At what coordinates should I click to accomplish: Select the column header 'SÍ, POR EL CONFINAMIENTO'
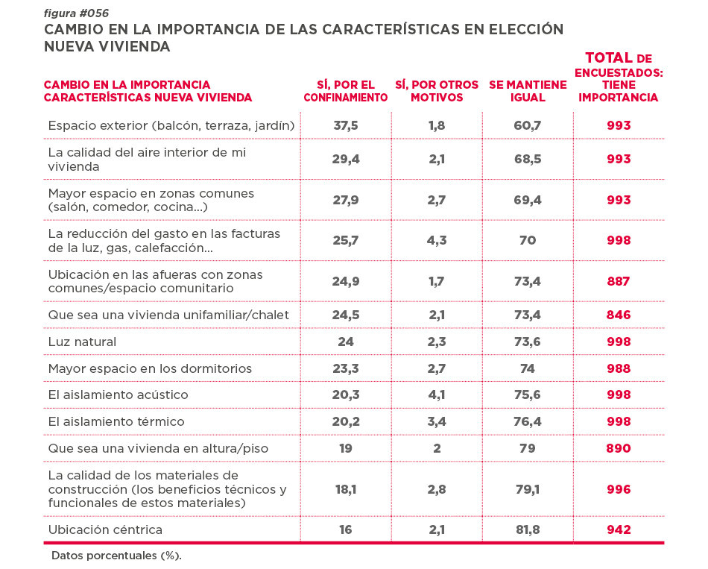pos(345,91)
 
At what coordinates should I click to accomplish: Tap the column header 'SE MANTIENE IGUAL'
pos(528,91)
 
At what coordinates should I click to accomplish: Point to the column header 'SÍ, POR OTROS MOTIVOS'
pos(437,91)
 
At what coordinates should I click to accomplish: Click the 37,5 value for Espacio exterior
pos(345,125)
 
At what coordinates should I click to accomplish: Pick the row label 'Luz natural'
pos(82,342)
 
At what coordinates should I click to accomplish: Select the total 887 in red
pos(619,281)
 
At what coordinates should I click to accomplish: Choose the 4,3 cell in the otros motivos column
pos(437,240)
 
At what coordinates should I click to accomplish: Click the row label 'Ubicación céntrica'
pos(105,529)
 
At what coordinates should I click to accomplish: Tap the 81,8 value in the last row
pos(528,529)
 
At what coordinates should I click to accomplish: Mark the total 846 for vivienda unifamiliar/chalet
pos(619,315)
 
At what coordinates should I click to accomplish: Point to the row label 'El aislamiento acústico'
pos(118,394)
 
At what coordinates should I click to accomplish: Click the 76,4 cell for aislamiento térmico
pos(528,421)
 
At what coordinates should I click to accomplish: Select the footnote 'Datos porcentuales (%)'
pos(116,556)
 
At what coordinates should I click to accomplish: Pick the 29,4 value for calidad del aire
pos(345,159)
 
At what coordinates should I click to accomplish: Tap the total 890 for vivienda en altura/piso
pos(619,448)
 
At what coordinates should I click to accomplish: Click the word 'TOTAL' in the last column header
pos(609,57)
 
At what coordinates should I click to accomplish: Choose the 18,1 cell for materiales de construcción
pos(345,489)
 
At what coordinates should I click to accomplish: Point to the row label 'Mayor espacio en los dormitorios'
pos(150,368)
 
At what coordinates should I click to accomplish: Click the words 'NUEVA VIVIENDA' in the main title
pos(107,46)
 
